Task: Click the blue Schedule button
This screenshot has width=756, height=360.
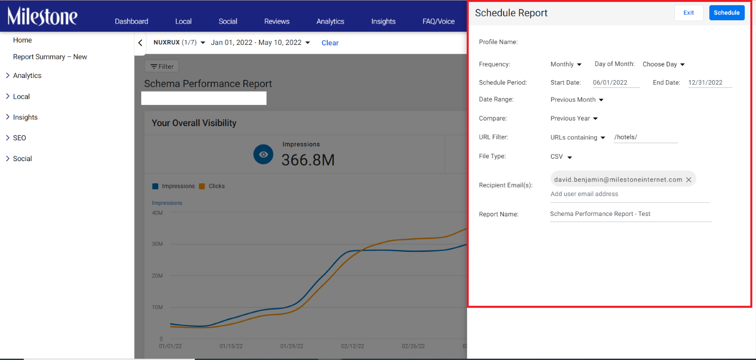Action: (x=727, y=13)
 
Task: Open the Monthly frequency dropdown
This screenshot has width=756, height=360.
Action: (x=566, y=64)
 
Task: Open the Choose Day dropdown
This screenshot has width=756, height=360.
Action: (x=663, y=64)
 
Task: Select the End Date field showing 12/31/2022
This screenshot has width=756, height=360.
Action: (x=710, y=83)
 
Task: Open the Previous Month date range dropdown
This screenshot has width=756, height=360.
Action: (x=577, y=100)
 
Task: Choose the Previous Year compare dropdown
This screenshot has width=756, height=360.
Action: (x=574, y=119)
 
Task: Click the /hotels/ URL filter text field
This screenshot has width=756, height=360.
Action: (x=645, y=137)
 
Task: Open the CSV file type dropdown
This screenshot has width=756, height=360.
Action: (x=561, y=156)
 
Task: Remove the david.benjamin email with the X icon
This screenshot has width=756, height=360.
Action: (x=689, y=180)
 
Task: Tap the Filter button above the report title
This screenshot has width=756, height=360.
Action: (x=162, y=67)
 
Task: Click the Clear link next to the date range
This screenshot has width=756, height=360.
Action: (x=330, y=43)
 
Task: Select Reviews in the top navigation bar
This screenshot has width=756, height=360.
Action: (x=277, y=21)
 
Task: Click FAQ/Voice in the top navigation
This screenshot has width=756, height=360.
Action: (x=438, y=21)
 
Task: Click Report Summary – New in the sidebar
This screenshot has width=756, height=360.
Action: (x=50, y=57)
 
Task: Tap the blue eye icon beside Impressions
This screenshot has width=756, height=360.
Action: (x=263, y=154)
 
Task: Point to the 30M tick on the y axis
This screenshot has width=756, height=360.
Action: (x=157, y=244)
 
